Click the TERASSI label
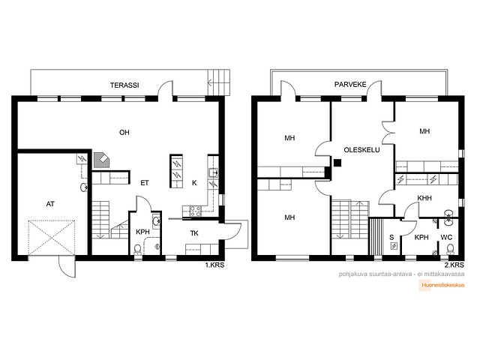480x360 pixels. [x=124, y=85]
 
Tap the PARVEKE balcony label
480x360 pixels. [x=350, y=84]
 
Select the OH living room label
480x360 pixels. [x=124, y=132]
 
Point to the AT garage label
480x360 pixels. [x=50, y=204]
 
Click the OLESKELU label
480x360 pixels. [x=361, y=150]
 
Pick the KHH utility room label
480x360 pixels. [x=424, y=198]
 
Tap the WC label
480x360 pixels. [x=446, y=237]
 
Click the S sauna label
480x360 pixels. [x=391, y=237]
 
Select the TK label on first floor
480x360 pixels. [x=194, y=233]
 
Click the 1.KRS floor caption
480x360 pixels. [x=214, y=265]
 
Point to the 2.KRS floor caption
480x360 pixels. [x=454, y=265]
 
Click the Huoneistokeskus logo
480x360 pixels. [x=442, y=285]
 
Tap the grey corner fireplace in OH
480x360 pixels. [x=102, y=160]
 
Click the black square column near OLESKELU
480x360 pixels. [x=337, y=163]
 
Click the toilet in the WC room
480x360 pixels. [x=450, y=249]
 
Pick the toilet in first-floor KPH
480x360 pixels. [x=137, y=250]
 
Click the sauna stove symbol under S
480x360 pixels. [x=394, y=246]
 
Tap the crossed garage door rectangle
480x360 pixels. [x=52, y=238]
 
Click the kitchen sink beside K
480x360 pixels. [x=213, y=173]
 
